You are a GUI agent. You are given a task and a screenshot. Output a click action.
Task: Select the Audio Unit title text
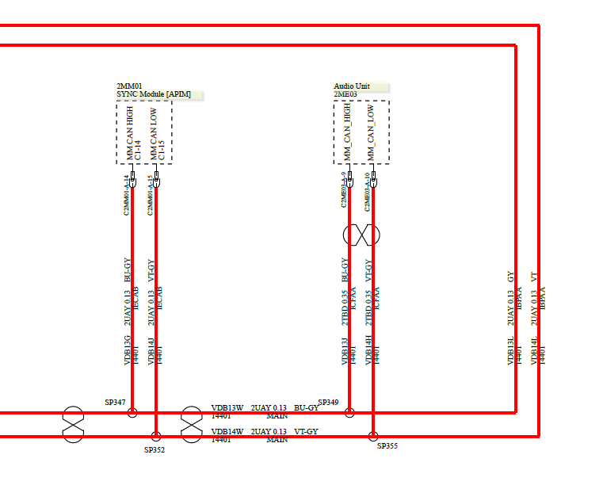point(351,86)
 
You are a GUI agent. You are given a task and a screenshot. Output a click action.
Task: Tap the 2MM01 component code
point(128,86)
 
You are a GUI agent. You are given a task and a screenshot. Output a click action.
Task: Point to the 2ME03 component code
point(345,94)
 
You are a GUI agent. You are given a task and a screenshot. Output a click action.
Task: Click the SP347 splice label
point(115,403)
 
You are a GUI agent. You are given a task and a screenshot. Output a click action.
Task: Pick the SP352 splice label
point(154,450)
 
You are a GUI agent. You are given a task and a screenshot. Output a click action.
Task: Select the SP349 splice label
point(328,403)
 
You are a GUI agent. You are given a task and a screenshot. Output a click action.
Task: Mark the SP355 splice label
point(387,446)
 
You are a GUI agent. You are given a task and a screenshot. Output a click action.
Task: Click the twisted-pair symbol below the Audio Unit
point(361,235)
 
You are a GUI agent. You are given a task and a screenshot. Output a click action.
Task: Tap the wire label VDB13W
point(227,408)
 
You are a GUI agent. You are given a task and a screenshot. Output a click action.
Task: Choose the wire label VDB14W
point(227,432)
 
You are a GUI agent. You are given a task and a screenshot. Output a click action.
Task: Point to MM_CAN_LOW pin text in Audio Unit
point(370,133)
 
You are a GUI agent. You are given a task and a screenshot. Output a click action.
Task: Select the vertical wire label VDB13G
point(127,350)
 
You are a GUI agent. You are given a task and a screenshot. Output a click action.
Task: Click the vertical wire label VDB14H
point(368,350)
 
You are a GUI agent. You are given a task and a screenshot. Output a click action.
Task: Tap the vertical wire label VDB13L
point(511,351)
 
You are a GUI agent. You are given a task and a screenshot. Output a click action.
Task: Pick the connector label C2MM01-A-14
point(126,195)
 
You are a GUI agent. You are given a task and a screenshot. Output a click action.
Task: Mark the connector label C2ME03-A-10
point(367,191)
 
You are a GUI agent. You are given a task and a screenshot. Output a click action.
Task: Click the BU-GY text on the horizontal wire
point(306,408)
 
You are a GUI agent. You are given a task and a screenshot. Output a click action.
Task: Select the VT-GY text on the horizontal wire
point(306,432)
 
